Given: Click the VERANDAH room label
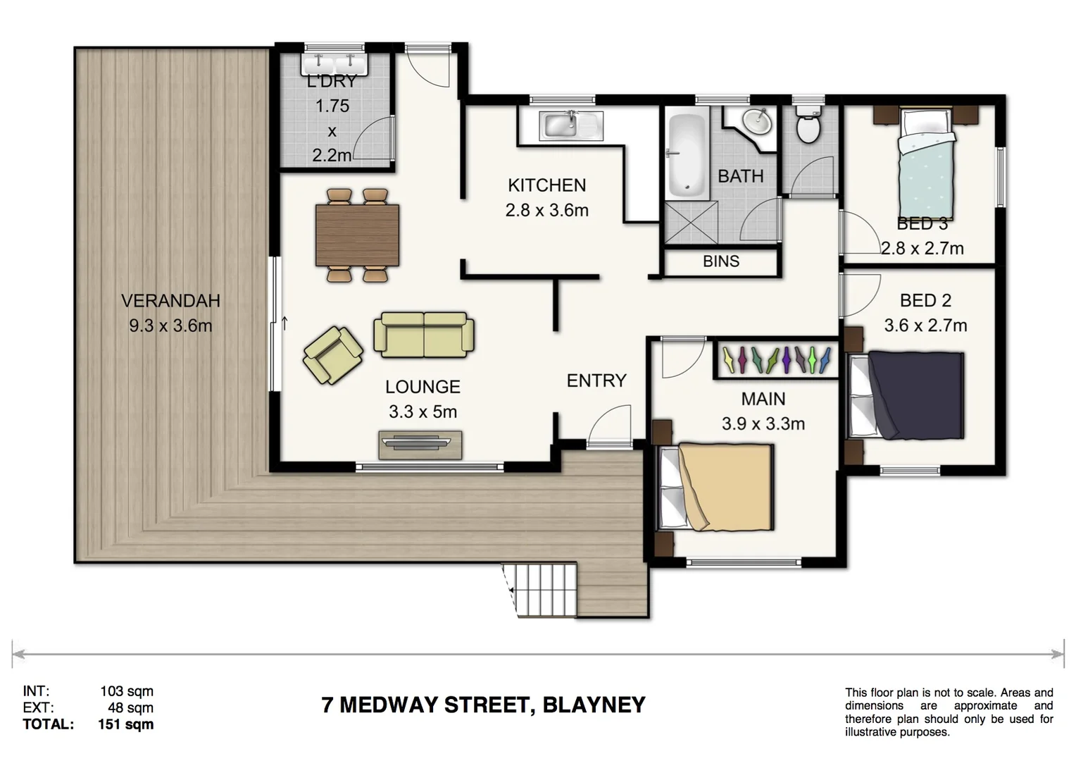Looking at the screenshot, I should point(170,301).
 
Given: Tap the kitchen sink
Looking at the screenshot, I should point(570,127).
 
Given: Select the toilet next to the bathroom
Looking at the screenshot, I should point(807,125).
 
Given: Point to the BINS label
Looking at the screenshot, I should point(720,261).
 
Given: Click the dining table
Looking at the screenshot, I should point(358,235).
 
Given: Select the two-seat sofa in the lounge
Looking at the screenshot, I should point(423,335).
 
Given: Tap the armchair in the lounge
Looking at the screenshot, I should point(332,355).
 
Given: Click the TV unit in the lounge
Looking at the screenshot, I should point(420,443).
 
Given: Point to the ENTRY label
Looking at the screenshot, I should point(596,380).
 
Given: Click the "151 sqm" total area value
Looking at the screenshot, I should point(125,724).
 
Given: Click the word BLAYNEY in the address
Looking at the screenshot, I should point(594,705).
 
